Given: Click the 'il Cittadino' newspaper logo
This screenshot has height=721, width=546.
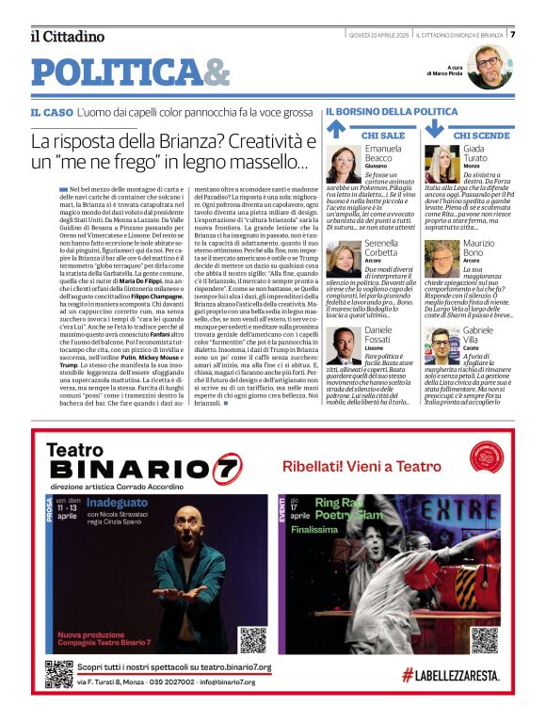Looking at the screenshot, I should point(67,36).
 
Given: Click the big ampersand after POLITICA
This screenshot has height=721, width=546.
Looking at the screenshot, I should point(217,72).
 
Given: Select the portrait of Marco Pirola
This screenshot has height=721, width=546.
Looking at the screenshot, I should point(489,67).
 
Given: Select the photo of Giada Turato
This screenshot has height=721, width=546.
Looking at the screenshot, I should point(442,164).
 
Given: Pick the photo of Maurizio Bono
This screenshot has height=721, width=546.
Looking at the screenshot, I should point(442,259).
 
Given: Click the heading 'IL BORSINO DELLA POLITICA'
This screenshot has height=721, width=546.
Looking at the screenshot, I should point(392,112).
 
